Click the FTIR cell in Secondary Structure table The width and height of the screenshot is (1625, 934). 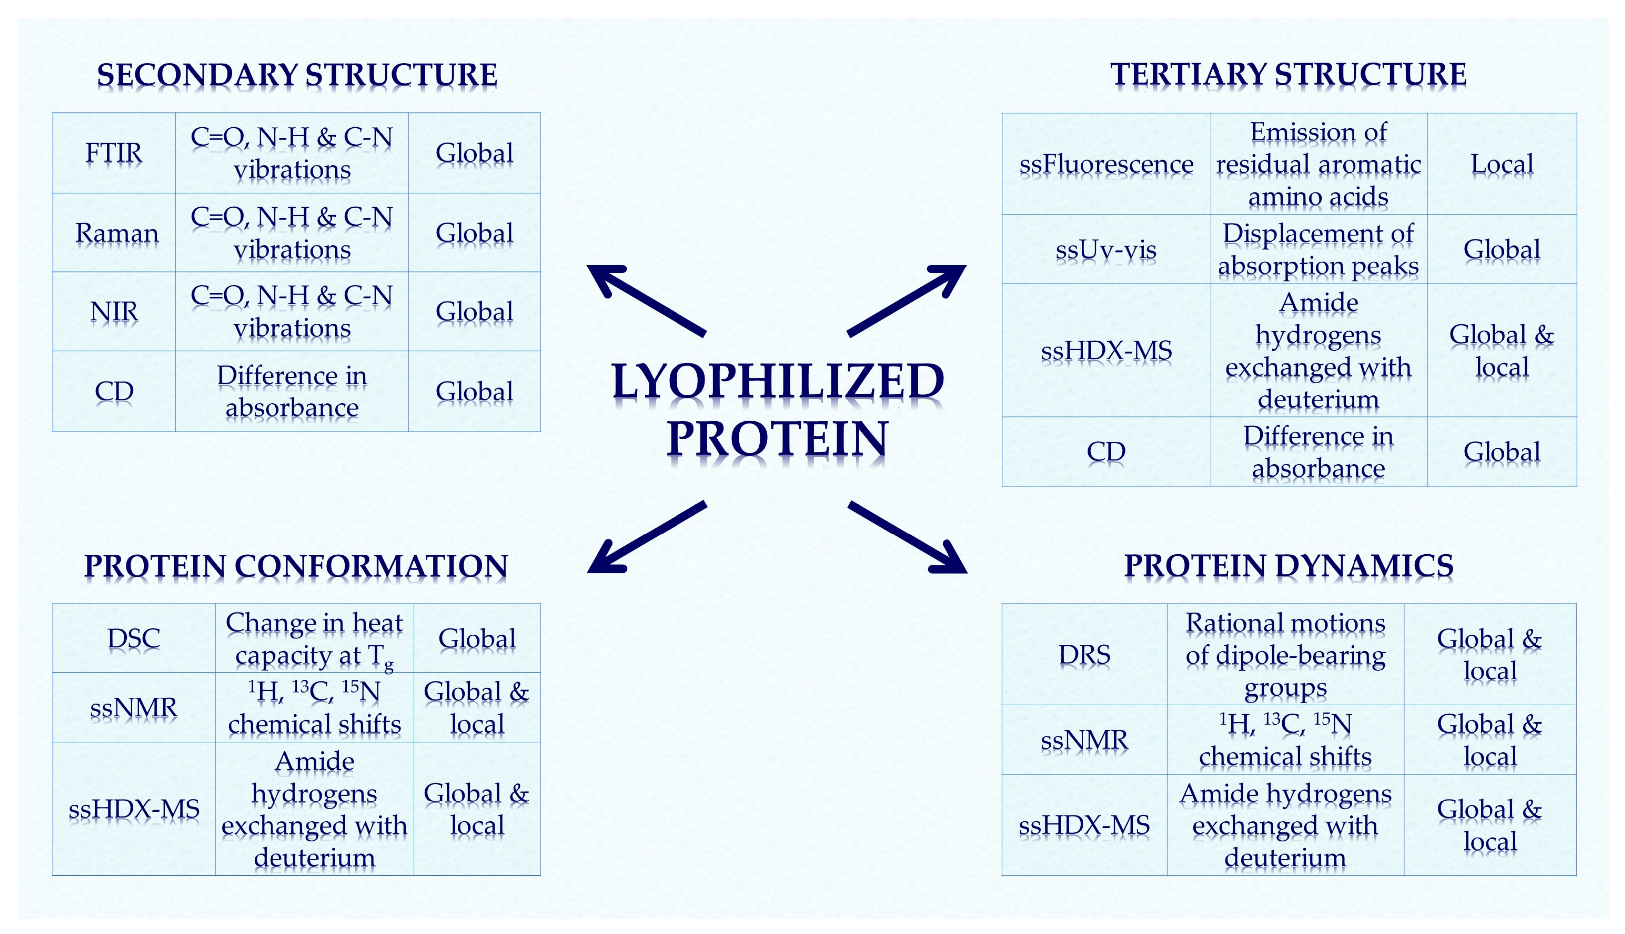coord(114,153)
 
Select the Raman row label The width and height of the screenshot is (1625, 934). coord(116,233)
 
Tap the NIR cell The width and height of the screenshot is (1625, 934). coord(114,312)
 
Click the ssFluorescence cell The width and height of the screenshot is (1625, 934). coord(1105,164)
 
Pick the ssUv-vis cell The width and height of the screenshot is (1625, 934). coord(1105,250)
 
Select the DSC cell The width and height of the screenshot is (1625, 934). coord(134,638)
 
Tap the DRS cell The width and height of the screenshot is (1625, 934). coord(1083,655)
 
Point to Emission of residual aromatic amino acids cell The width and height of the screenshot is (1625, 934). coord(1318,164)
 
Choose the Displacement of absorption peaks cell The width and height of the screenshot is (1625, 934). coord(1318,250)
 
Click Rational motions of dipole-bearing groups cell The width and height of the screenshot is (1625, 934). coord(1284,655)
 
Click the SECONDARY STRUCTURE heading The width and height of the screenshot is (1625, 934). coord(296,75)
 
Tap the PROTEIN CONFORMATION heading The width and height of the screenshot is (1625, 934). coord(296,566)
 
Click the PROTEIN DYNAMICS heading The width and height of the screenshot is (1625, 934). coord(1288,566)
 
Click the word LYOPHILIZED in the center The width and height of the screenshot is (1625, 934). coord(777,381)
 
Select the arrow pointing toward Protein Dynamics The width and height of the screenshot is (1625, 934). coord(907,537)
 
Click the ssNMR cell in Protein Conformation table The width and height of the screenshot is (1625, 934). coord(134,707)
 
